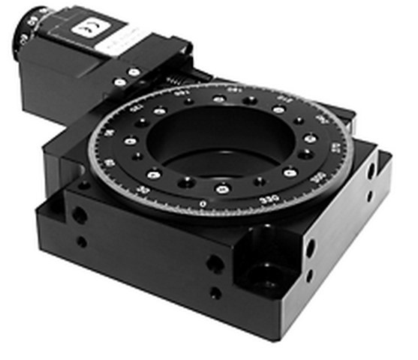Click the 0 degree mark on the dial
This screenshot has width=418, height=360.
click(203, 203)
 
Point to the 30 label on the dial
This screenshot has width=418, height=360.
click(155, 193)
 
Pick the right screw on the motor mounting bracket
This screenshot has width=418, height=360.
click(134, 72)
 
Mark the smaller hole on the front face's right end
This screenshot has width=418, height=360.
click(215, 293)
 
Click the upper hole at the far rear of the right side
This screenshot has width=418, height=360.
click(371, 172)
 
